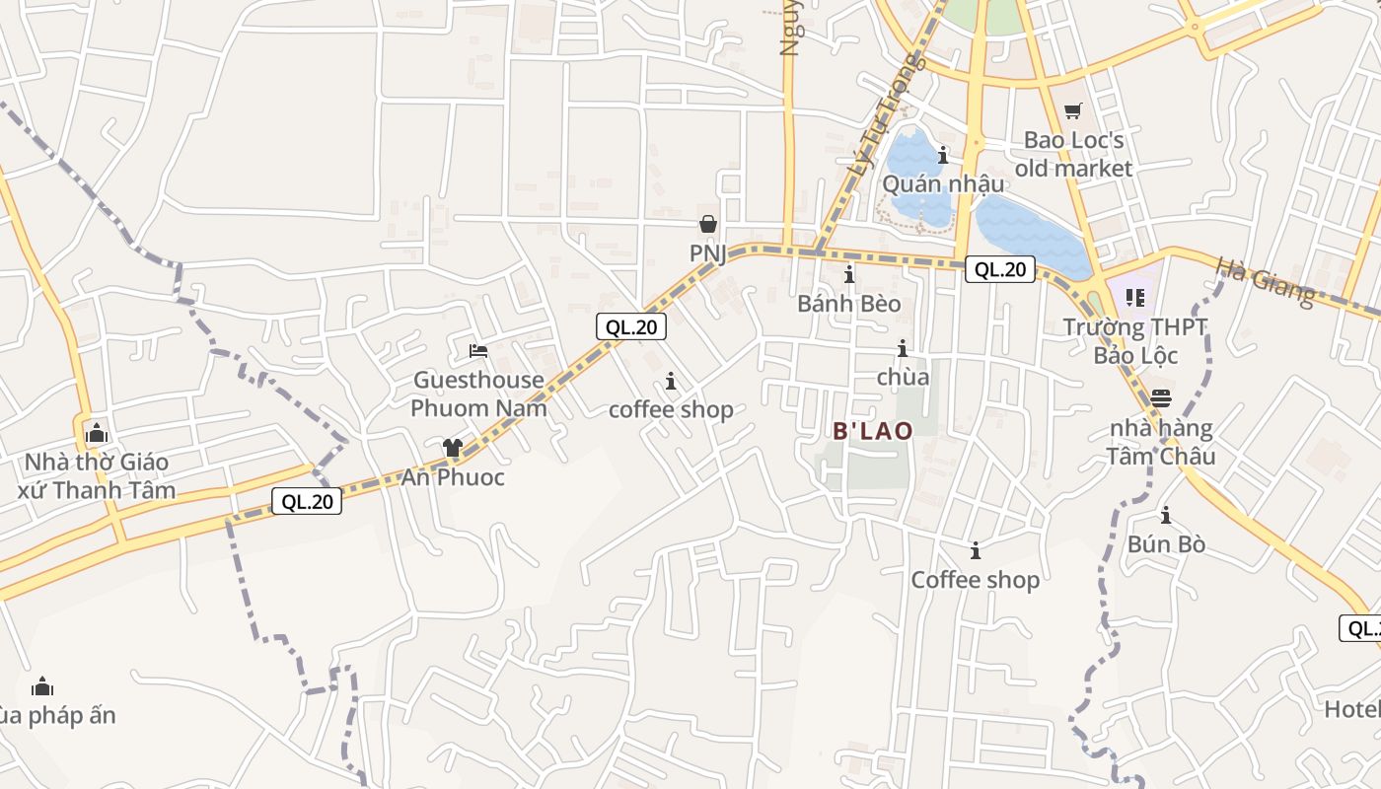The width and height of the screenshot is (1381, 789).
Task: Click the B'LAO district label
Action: tap(873, 431)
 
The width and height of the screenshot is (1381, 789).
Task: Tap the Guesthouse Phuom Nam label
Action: tap(478, 394)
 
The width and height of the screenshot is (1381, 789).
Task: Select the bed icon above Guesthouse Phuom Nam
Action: tap(478, 350)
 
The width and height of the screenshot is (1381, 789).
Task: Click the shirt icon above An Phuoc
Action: tap(453, 448)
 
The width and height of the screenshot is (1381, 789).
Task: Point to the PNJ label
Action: tap(707, 253)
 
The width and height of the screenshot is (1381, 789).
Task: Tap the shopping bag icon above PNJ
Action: tap(707, 224)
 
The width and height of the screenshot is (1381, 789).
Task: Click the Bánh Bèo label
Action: tap(849, 304)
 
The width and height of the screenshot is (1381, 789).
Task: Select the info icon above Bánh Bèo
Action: tap(849, 274)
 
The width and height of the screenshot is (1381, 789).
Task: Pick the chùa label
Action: tap(903, 377)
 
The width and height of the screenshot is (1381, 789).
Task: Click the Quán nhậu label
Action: tap(943, 184)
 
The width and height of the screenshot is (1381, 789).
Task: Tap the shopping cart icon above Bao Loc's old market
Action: tap(1072, 111)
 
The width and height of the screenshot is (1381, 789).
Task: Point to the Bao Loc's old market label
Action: tap(1073, 155)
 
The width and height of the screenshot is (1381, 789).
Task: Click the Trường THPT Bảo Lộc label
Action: tap(1135, 340)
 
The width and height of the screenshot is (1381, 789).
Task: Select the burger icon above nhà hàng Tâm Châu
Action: tap(1161, 398)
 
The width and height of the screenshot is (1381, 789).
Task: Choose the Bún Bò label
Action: tap(1166, 544)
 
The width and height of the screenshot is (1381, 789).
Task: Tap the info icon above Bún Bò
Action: tap(1166, 515)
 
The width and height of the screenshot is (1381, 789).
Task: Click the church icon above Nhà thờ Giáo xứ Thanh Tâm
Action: tap(97, 432)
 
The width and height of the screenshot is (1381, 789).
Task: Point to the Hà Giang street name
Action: tap(1266, 280)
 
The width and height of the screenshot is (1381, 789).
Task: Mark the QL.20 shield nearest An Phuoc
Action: tap(308, 501)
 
